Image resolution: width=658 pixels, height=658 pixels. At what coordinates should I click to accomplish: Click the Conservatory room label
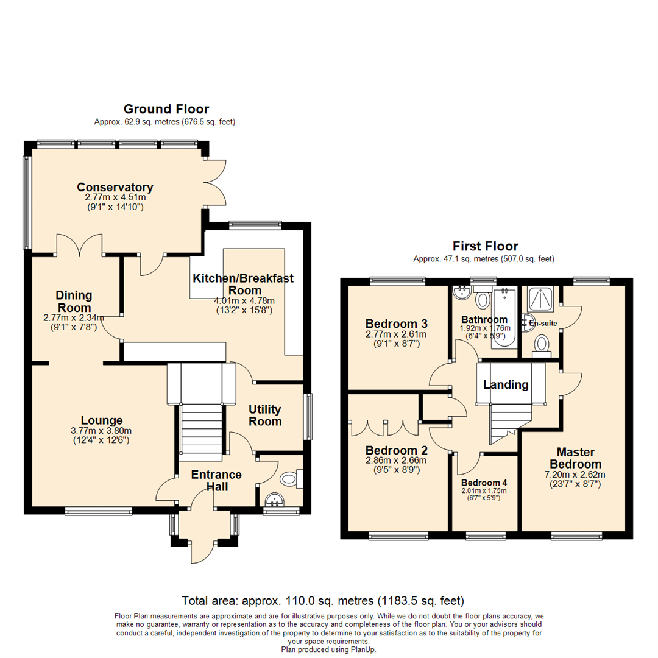tap(115, 187)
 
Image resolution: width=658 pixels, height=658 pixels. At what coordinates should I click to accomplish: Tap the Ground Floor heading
tap(166, 109)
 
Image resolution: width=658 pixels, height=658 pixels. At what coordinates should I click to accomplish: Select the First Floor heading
tap(485, 246)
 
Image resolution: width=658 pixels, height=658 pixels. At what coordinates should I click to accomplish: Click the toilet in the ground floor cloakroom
tap(291, 480)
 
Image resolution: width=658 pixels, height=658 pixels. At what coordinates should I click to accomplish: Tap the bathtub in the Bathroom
tap(504, 318)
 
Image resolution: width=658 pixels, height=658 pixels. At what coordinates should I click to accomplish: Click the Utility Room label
tap(265, 416)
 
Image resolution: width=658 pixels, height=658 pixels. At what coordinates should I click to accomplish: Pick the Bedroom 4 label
tap(483, 481)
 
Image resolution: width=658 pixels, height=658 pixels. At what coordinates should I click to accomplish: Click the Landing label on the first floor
tap(506, 384)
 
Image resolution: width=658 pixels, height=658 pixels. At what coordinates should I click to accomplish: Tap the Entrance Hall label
tap(216, 481)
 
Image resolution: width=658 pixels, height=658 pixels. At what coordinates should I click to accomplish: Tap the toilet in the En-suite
tap(541, 345)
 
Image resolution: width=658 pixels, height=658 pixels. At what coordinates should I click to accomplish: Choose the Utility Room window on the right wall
tap(309, 417)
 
